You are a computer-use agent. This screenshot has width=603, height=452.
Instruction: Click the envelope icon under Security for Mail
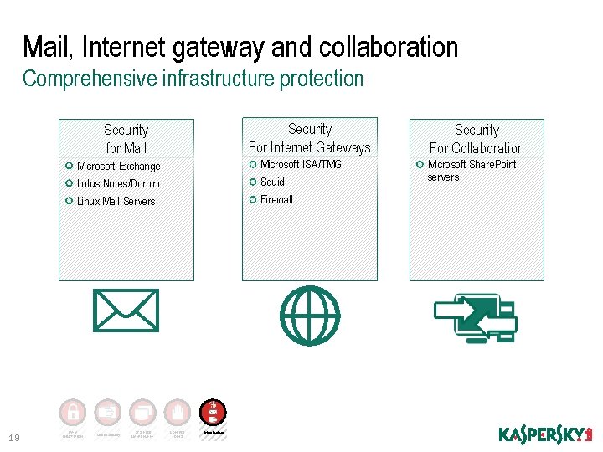click(126, 311)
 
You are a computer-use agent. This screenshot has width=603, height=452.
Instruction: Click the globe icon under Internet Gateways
click(310, 316)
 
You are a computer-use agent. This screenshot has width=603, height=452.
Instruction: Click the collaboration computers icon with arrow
click(475, 318)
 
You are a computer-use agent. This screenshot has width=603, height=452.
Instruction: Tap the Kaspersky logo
click(545, 434)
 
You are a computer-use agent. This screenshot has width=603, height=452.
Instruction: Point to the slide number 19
click(13, 437)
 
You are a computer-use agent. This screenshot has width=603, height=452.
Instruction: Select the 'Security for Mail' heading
click(126, 139)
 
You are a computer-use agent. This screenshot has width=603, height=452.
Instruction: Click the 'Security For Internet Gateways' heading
click(310, 138)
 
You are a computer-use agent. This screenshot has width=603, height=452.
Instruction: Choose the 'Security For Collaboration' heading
click(477, 139)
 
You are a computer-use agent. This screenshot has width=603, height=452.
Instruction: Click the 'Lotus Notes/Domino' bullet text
click(120, 183)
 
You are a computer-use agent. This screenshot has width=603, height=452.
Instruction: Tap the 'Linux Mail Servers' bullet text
click(116, 201)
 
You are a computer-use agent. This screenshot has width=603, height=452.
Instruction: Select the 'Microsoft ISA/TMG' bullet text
click(301, 164)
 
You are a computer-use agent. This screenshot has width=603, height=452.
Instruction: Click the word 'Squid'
click(272, 182)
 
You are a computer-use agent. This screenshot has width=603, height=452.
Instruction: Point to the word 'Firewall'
click(276, 199)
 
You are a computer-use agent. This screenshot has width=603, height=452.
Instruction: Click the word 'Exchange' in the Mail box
click(139, 166)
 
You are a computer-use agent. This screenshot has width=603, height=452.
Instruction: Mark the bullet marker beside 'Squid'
click(253, 182)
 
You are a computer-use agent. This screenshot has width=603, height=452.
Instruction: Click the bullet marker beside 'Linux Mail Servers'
click(69, 201)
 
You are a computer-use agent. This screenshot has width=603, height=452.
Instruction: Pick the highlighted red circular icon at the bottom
click(213, 412)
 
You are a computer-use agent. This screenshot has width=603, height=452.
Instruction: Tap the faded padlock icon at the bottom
click(73, 412)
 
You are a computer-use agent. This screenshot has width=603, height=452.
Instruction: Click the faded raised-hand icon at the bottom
click(178, 412)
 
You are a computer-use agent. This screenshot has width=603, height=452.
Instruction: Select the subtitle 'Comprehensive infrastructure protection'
click(193, 79)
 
